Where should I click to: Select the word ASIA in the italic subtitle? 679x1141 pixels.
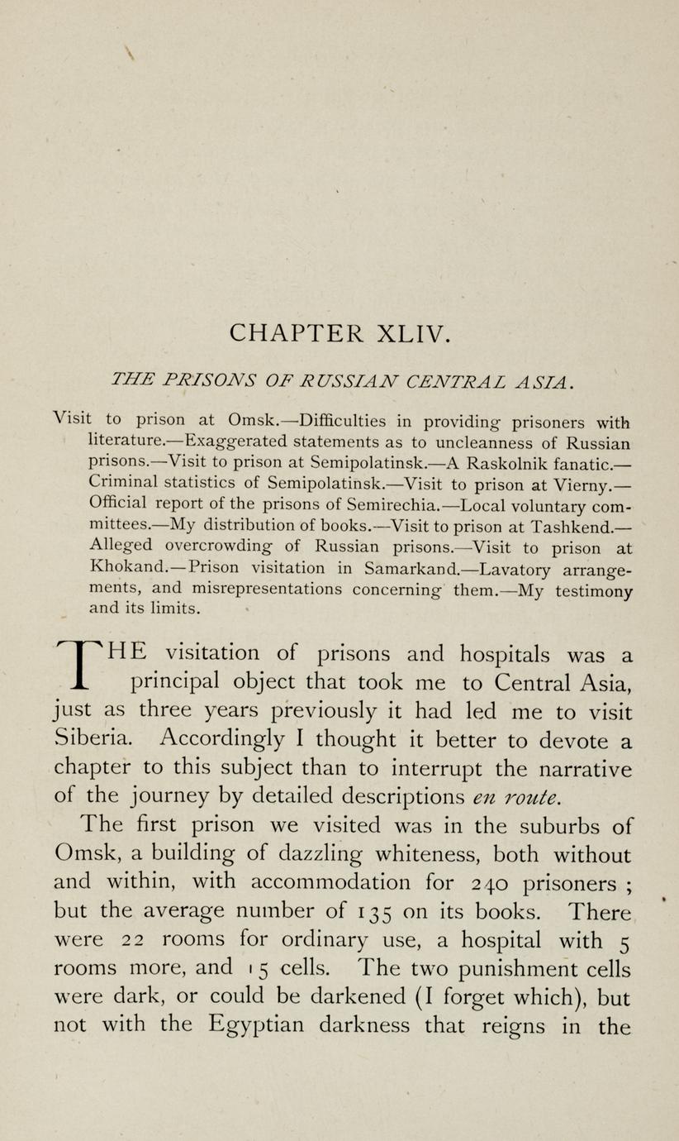[x=540, y=382]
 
